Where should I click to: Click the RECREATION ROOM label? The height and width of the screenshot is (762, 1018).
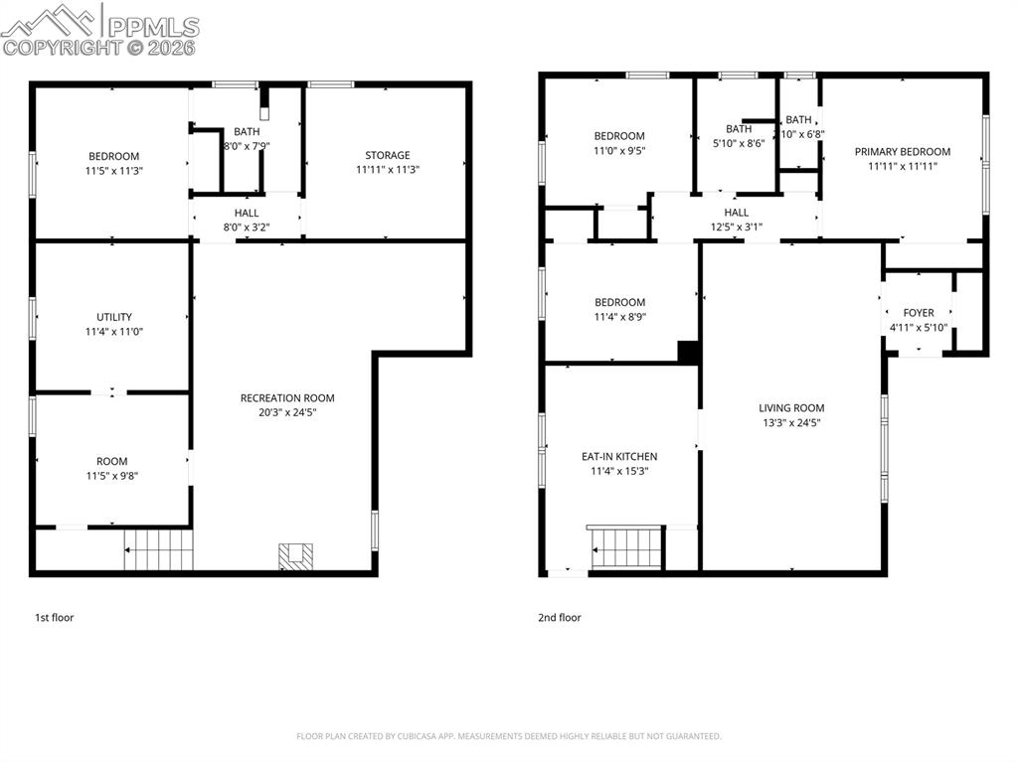287,398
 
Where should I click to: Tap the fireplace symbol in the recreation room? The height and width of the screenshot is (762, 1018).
295,556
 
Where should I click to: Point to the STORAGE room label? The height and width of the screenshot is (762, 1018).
387,155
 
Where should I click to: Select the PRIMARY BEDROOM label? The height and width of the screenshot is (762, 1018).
902,152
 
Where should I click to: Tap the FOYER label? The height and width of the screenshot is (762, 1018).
918,313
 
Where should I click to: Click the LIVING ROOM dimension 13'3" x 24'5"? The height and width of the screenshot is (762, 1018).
791,422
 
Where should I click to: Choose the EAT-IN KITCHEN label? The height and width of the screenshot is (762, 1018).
619,457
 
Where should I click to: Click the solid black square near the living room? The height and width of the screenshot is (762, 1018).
689,352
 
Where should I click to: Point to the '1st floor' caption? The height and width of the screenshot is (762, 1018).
55,618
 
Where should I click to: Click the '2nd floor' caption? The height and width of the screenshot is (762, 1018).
561,618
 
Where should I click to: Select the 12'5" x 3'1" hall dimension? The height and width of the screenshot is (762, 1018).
737,227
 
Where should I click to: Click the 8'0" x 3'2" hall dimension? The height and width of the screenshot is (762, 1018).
247,227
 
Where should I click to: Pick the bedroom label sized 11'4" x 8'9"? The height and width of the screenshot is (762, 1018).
619,302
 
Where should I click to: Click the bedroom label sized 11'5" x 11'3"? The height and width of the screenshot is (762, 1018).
113,156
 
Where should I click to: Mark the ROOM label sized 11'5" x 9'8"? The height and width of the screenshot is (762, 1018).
112,461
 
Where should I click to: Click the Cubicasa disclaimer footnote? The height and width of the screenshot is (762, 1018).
509,736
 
